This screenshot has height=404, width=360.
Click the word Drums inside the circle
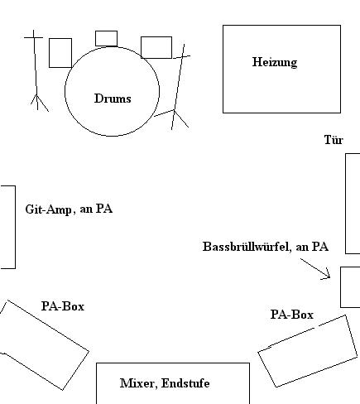point(113,99)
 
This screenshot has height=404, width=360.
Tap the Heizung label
point(275,62)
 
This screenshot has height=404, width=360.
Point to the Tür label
point(334,140)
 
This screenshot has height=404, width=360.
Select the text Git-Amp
point(48,209)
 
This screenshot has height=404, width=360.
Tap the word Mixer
point(137,383)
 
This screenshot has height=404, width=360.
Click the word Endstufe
point(185,383)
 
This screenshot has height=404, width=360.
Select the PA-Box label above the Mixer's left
point(63,306)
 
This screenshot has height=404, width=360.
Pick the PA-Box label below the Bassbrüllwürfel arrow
point(292,315)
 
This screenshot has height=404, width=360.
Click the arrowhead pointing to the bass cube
point(329,276)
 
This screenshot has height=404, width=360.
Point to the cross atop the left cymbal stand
point(34,37)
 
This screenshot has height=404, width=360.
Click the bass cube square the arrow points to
point(341,287)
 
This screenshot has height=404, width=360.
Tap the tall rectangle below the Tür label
point(346,204)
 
